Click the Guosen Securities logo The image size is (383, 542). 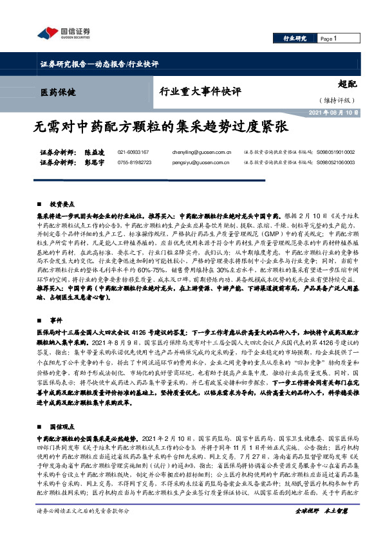(62, 33)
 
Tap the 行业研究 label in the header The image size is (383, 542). (295, 39)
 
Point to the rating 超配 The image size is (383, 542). (347, 84)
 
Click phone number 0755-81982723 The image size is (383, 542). (135, 163)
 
